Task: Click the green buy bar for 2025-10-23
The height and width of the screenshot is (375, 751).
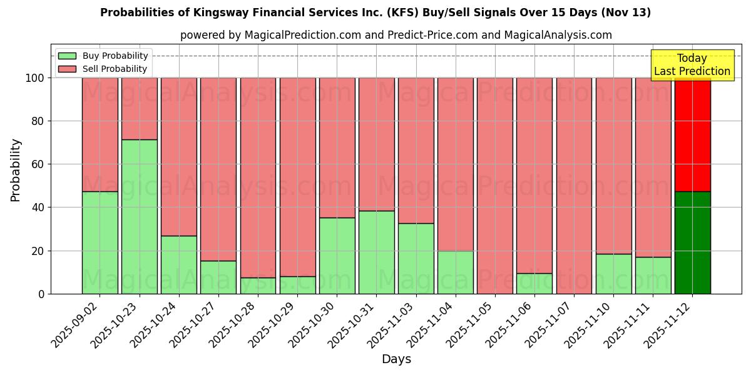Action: pos(139,216)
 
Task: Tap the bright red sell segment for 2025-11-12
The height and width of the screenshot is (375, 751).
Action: pos(692,134)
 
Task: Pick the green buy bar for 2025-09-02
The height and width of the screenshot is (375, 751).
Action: pos(100,242)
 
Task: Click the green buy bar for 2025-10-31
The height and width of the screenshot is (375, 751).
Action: pos(376,252)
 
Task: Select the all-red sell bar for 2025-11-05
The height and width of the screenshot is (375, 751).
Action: pos(494,186)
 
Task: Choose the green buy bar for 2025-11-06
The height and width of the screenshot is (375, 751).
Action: pos(534,283)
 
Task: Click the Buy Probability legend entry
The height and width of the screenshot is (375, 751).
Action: pos(103,56)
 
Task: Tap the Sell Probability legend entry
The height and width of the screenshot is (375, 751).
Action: pos(103,69)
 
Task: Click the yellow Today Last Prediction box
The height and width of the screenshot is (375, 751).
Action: pos(692,65)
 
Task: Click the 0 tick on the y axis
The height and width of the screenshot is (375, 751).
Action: pos(41,294)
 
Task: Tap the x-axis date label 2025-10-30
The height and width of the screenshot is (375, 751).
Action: pos(313,325)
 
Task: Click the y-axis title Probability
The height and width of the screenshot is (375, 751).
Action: pos(16,169)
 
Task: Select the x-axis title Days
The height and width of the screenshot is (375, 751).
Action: pos(396,359)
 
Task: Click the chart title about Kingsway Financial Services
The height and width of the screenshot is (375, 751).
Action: pos(375,12)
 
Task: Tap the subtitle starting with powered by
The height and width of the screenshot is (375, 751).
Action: pos(396,35)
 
